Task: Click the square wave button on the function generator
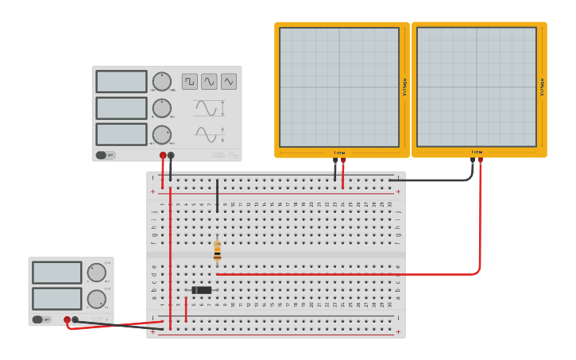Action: pyautogui.click(x=190, y=81)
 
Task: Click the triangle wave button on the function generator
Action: pyautogui.click(x=229, y=81)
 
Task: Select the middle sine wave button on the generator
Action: pyautogui.click(x=209, y=81)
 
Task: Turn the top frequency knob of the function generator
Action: pyautogui.click(x=161, y=81)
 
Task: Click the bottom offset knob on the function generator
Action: pyautogui.click(x=161, y=134)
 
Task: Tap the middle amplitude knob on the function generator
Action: pyautogui.click(x=161, y=108)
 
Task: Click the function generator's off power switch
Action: pyautogui.click(x=105, y=155)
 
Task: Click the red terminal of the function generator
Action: pyautogui.click(x=163, y=156)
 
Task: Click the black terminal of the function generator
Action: pyautogui.click(x=171, y=156)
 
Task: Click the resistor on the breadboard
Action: pyautogui.click(x=217, y=251)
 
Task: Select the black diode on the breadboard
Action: pyautogui.click(x=202, y=290)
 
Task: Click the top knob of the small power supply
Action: pyautogui.click(x=96, y=273)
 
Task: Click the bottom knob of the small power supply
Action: pyautogui.click(x=96, y=299)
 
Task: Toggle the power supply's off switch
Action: pyautogui.click(x=41, y=319)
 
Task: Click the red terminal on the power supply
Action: pyautogui.click(x=68, y=319)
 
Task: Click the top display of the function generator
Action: pyautogui.click(x=122, y=81)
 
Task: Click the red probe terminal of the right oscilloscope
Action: pyautogui.click(x=480, y=160)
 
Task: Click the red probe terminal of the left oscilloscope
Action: pyautogui.click(x=343, y=160)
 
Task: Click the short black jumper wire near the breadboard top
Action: pyautogui.click(x=217, y=195)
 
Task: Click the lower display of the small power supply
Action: pyautogui.click(x=57, y=299)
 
